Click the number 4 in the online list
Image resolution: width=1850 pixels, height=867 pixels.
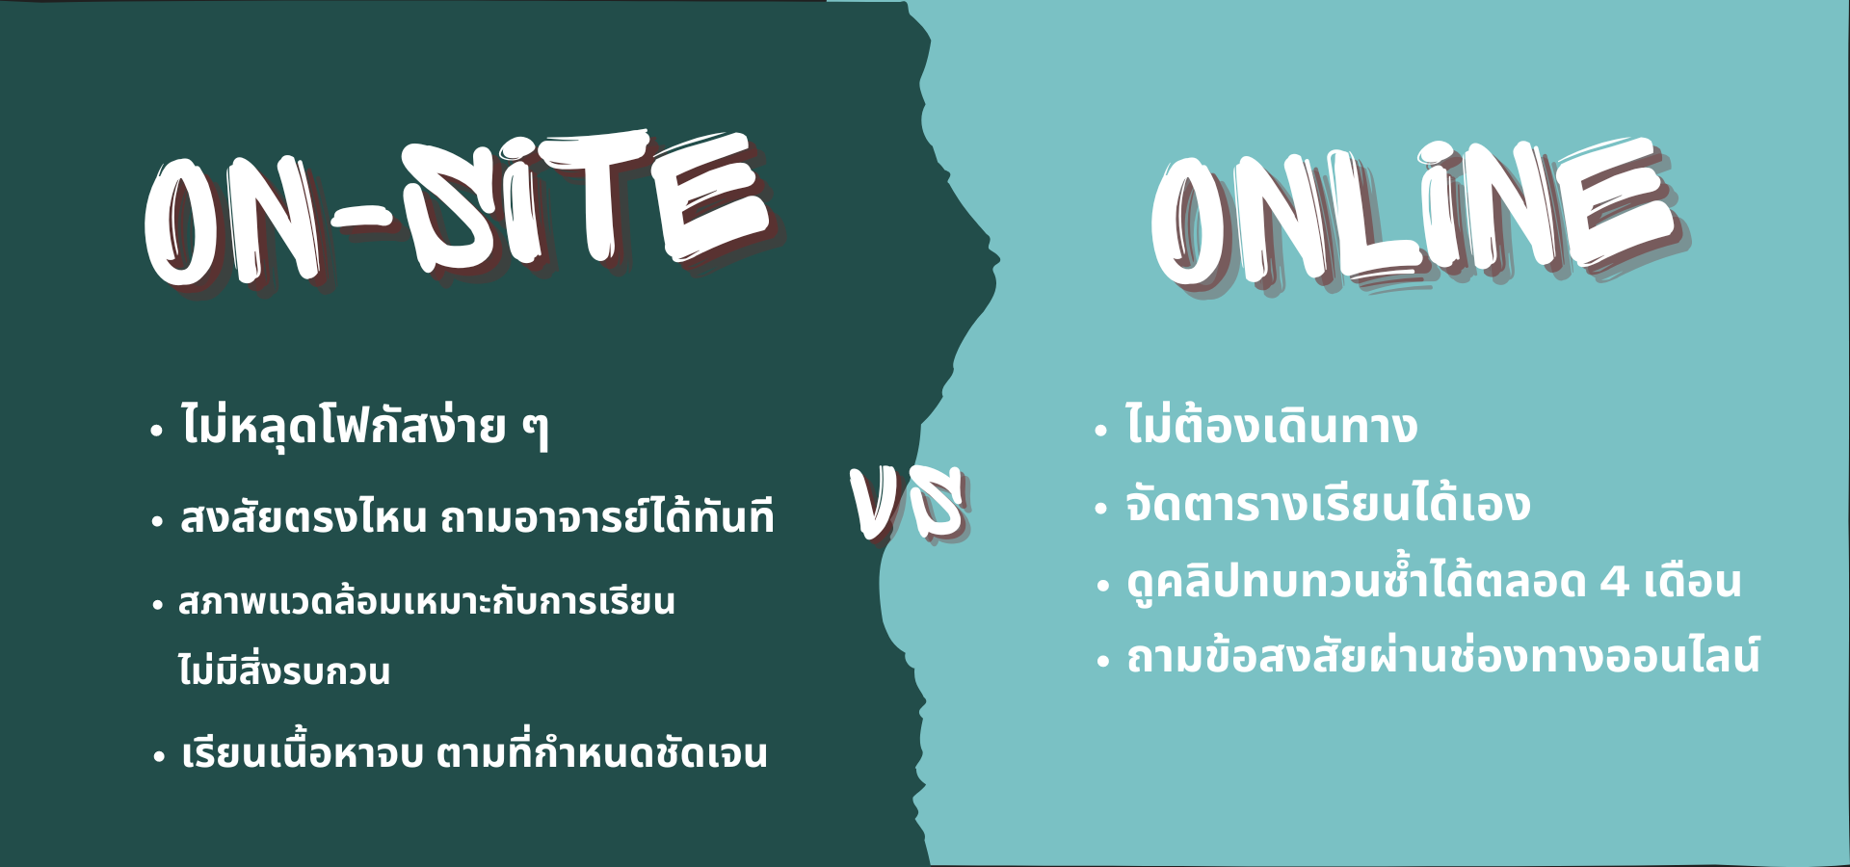tap(1614, 582)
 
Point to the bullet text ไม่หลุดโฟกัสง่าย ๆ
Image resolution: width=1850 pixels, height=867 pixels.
tap(364, 425)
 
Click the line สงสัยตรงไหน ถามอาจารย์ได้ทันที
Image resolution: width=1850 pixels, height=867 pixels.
tap(477, 514)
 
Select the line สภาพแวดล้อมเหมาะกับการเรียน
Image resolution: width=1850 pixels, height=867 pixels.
tap(426, 601)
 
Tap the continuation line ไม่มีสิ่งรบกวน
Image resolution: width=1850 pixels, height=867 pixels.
tap(284, 667)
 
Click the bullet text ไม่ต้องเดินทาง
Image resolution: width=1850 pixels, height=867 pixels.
tap(1271, 423)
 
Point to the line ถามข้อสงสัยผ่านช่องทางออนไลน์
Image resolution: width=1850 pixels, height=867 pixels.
tap(1443, 655)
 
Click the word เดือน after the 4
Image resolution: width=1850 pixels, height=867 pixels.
tap(1693, 582)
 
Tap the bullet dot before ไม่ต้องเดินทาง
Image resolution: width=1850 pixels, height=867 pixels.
tap(1101, 431)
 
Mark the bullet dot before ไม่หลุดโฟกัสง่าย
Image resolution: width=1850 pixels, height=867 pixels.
tap(156, 431)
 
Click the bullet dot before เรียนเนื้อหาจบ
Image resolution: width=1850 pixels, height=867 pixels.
tap(159, 756)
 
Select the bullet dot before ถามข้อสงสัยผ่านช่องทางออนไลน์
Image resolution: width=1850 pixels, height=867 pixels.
tap(1103, 662)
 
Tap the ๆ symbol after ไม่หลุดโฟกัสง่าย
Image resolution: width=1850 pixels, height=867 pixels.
tap(536, 429)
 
